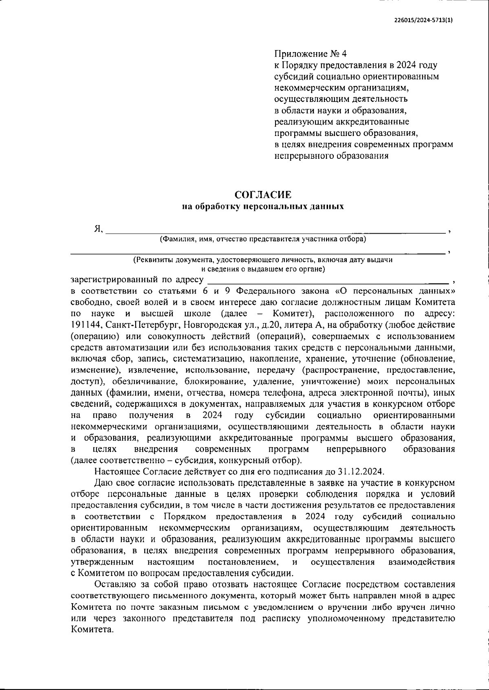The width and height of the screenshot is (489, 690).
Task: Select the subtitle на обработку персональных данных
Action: [263, 207]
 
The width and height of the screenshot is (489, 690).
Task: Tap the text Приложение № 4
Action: [310, 54]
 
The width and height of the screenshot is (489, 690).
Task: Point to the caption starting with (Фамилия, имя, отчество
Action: [263, 239]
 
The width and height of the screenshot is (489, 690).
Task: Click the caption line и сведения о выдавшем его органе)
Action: [263, 269]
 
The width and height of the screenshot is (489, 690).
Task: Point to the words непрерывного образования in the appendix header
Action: [331, 156]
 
